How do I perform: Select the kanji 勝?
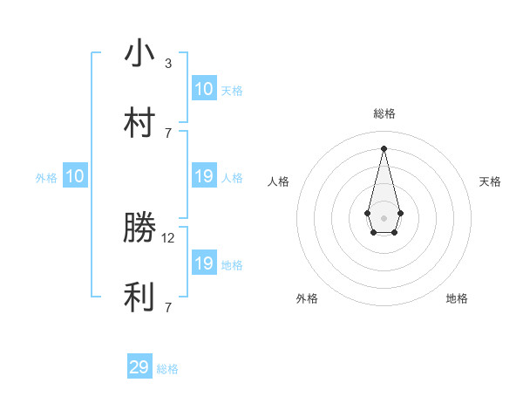click(139, 229)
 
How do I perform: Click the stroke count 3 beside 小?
click(168, 63)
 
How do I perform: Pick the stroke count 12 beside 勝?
click(169, 237)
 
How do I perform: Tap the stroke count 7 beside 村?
click(168, 133)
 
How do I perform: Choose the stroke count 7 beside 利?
click(168, 307)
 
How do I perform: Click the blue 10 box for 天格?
click(204, 89)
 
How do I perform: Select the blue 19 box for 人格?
click(204, 176)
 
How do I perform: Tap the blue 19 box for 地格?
click(204, 263)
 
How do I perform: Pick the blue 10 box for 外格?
click(75, 176)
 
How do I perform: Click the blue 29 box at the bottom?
click(139, 367)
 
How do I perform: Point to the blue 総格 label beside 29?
click(167, 369)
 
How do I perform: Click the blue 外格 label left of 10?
click(46, 178)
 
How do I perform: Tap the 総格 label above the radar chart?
click(384, 113)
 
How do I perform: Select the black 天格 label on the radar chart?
click(490, 181)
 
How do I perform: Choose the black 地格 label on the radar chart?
click(457, 298)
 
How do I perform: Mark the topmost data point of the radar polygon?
click(384, 148)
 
